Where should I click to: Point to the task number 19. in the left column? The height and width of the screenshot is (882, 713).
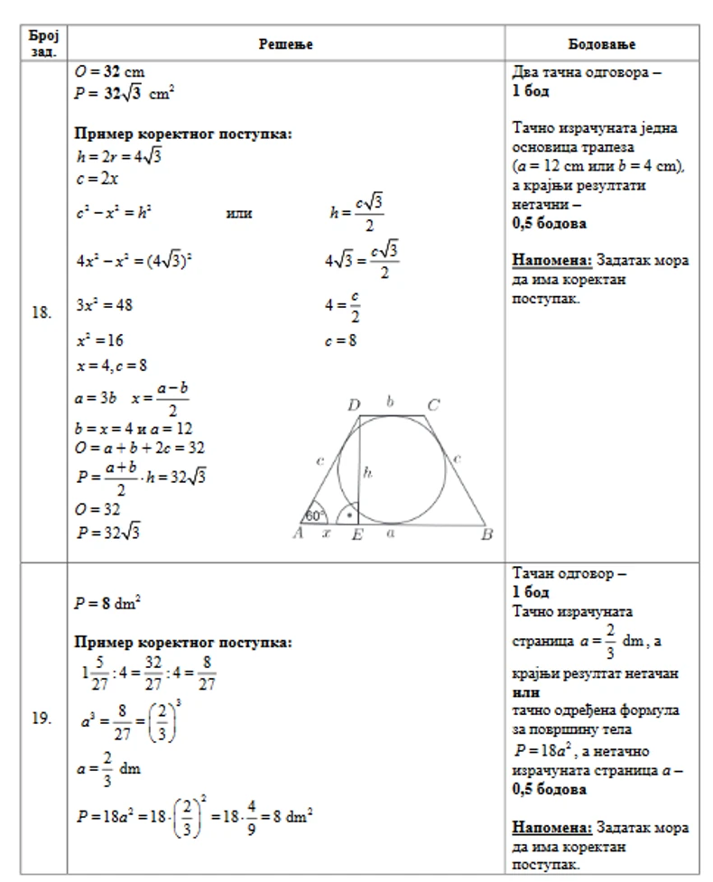pyautogui.click(x=42, y=720)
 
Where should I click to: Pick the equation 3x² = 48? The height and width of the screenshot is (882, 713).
pyautogui.click(x=105, y=305)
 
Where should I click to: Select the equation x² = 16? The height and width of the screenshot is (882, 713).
pyautogui.click(x=100, y=340)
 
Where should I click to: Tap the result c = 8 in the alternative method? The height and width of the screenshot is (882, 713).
pyautogui.click(x=342, y=341)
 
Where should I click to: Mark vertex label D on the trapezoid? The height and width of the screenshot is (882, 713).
pyautogui.click(x=355, y=404)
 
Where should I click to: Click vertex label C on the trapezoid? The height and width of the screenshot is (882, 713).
pyautogui.click(x=433, y=404)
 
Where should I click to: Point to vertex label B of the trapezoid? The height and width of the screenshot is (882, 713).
pyautogui.click(x=486, y=534)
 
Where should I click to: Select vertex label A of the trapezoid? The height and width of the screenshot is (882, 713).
pyautogui.click(x=296, y=534)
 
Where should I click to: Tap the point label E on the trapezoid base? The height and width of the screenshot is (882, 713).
pyautogui.click(x=356, y=534)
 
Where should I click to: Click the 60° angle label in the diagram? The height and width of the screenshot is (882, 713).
pyautogui.click(x=315, y=515)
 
